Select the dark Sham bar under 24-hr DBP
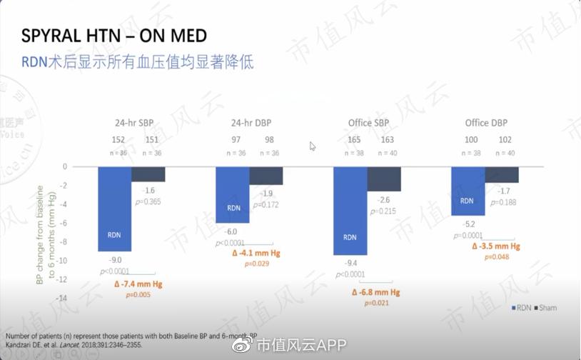(266, 176)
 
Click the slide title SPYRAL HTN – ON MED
(114, 36)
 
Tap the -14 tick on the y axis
(61, 298)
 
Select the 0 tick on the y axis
(64, 166)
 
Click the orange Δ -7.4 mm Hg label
(138, 284)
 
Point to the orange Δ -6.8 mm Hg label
(375, 293)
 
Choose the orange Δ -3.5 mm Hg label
(497, 246)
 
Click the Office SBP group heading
(369, 123)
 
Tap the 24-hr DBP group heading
(249, 123)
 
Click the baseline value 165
(355, 140)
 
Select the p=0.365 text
(148, 202)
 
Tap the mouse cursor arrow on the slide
(313, 146)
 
